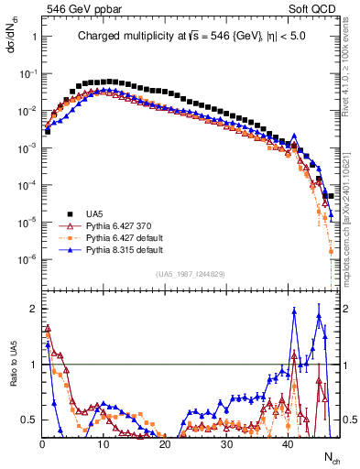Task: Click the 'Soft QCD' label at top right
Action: [316, 8]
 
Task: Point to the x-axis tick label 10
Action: [103, 444]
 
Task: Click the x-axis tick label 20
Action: [164, 444]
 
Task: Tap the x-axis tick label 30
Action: [226, 444]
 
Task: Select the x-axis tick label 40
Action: [288, 444]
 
